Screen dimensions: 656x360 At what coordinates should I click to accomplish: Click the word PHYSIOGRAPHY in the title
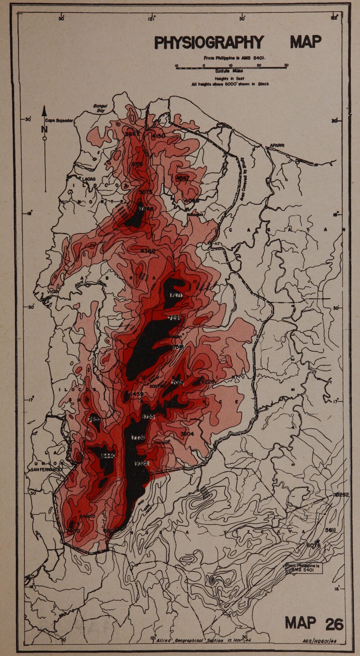[209, 42]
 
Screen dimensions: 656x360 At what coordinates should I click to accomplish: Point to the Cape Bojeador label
[59, 121]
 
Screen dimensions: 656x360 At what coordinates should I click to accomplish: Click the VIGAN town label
[53, 292]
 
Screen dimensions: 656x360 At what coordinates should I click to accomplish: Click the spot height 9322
[141, 463]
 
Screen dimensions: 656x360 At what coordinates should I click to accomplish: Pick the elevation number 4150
[158, 136]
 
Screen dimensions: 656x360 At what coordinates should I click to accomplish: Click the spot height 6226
[208, 381]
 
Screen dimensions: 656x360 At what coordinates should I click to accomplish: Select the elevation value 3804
[187, 434]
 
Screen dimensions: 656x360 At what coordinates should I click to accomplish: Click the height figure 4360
[148, 250]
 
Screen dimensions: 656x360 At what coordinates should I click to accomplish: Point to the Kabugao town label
[195, 215]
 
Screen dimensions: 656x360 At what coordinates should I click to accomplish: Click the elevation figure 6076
[313, 545]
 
